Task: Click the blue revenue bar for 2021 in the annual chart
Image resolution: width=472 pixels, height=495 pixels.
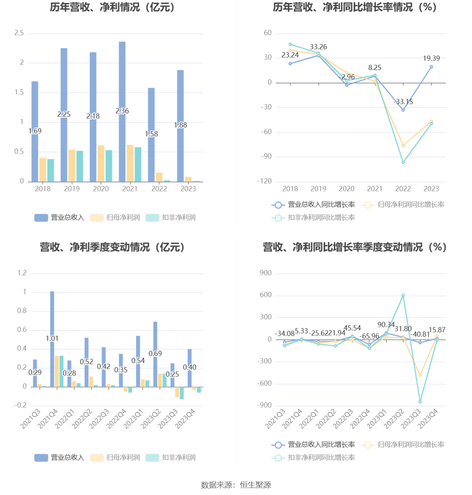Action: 122,112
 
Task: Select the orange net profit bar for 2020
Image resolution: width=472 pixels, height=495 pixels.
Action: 101,163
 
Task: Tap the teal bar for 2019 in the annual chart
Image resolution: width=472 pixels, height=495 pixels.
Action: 80,166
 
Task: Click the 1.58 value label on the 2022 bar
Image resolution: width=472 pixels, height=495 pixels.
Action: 151,134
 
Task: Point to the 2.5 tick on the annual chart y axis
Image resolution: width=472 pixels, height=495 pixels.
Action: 19,33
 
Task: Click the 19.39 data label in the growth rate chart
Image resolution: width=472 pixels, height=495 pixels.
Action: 431,59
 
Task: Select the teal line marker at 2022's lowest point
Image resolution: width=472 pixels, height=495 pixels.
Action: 403,162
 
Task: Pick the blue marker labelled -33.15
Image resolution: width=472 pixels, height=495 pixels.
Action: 403,110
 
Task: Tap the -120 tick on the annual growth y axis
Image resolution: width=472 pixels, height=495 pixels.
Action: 264,181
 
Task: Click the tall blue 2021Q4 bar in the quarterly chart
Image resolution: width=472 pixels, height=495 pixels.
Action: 52,339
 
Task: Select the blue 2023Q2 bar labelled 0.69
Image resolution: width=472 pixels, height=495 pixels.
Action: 155,354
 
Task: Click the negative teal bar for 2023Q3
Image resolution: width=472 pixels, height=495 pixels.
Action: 182,393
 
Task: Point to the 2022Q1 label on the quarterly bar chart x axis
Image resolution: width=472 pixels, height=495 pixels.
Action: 65,418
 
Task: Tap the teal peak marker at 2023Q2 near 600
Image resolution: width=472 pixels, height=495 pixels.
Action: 403,295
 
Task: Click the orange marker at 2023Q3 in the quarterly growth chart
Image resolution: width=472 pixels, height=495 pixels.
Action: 420,375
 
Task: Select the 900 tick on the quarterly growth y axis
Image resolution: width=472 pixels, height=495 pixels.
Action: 266,273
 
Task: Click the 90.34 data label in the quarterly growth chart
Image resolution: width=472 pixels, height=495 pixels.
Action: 386,325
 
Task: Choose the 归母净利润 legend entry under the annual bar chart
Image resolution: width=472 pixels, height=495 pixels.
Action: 115,217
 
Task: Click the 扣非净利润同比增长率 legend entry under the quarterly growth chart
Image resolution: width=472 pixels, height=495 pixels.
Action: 313,457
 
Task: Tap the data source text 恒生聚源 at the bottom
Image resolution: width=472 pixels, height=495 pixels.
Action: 255,485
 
